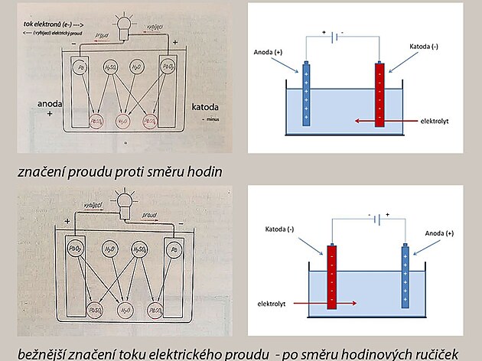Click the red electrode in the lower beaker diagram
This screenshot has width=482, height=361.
coord(333,276)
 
